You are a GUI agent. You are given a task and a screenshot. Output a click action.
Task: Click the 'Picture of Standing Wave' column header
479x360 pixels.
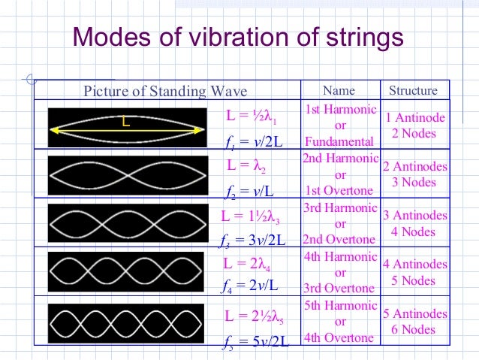(x=165, y=92)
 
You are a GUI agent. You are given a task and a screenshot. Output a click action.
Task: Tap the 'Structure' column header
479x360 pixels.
(x=413, y=91)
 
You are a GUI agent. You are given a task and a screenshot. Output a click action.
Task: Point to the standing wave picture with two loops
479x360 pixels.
(x=127, y=173)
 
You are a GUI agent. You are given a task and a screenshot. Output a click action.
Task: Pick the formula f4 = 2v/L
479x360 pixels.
(x=252, y=286)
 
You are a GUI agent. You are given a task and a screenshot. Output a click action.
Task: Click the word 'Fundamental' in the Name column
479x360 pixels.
(x=339, y=142)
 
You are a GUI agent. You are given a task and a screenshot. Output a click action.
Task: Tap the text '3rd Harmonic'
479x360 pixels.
(x=339, y=207)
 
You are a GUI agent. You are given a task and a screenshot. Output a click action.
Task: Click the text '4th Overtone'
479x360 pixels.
(x=339, y=337)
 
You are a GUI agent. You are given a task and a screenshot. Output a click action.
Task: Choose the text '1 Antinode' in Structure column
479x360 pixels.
(x=415, y=118)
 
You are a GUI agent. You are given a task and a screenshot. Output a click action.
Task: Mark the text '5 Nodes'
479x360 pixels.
(x=414, y=280)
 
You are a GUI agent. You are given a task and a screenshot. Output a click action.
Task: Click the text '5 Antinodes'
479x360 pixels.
(x=415, y=313)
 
